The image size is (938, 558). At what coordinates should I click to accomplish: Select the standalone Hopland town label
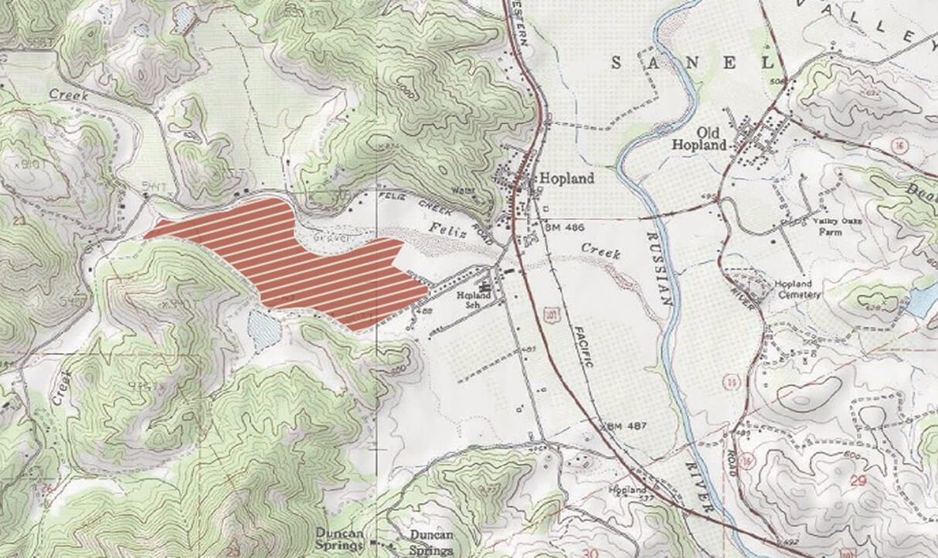coord(566,179)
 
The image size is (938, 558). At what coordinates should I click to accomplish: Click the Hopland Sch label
coord(469,300)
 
